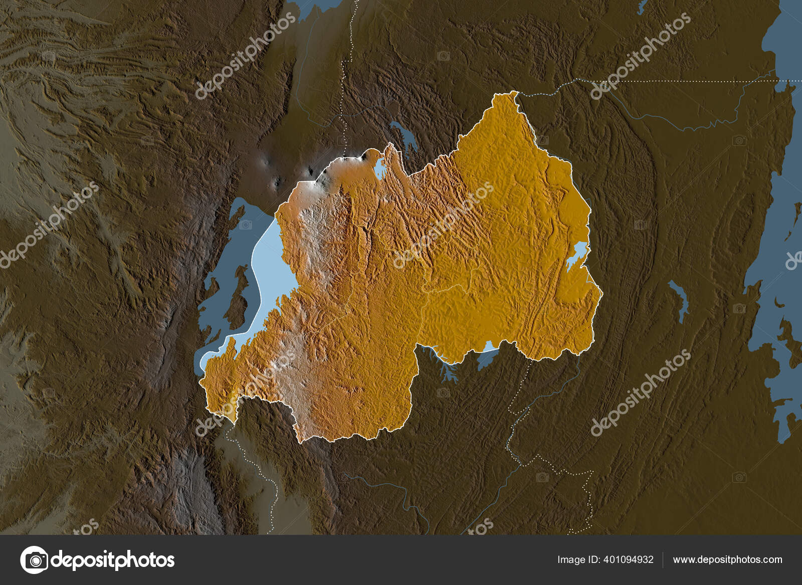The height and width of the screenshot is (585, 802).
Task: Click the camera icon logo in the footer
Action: [34, 559]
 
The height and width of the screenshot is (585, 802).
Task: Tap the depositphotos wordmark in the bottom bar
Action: [113, 559]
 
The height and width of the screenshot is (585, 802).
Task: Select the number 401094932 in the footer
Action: [630, 560]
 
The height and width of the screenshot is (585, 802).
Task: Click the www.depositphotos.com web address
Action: [727, 560]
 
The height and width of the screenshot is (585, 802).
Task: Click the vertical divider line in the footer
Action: [663, 560]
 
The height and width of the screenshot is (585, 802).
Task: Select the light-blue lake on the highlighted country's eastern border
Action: [577, 255]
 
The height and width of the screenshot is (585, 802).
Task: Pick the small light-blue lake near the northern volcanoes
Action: [380, 167]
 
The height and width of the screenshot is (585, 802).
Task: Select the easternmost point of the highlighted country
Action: [603, 293]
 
